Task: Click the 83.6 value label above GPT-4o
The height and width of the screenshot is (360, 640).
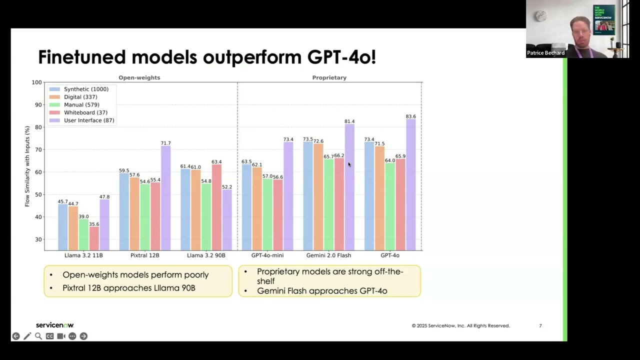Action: tap(410, 116)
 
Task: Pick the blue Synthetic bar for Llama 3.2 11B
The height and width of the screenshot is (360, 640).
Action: tap(63, 227)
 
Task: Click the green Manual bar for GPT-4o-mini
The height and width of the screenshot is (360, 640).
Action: tap(267, 215)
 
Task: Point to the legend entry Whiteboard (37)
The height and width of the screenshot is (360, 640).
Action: tap(85, 112)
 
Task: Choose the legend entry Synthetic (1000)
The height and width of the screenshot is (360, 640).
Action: tap(85, 89)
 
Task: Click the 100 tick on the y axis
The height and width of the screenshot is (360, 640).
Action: tap(36, 82)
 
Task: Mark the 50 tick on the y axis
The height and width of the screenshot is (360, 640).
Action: tap(38, 194)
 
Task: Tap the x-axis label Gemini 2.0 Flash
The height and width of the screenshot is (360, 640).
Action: tap(328, 255)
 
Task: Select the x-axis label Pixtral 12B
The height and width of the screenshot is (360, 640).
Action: tap(144, 255)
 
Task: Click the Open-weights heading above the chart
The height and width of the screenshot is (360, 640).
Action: tap(139, 77)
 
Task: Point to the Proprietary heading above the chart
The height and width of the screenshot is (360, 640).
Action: tap(329, 77)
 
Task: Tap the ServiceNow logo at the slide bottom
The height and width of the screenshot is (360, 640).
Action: tap(54, 325)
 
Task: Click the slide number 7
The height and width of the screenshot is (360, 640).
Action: tap(540, 325)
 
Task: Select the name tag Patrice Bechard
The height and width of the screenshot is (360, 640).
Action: tap(545, 53)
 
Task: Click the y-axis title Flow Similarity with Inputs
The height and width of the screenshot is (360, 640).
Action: tap(27, 166)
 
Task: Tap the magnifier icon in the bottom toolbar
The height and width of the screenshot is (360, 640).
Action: tap(38, 336)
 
